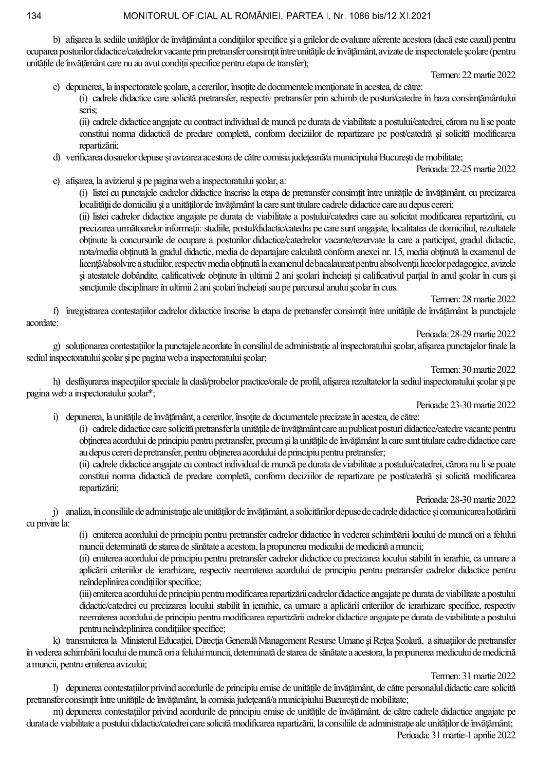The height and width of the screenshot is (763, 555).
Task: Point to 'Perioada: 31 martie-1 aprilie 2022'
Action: pyautogui.click(x=456, y=735)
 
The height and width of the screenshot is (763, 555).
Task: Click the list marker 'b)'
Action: pyautogui.click(x=57, y=40)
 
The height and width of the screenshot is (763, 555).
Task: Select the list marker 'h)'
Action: pyautogui.click(x=57, y=382)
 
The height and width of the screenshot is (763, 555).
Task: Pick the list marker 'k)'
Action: pyautogui.click(x=57, y=641)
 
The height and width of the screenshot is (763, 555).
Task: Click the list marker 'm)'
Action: pyautogui.click(x=58, y=711)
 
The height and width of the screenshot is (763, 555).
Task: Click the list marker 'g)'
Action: pyautogui.click(x=57, y=346)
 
